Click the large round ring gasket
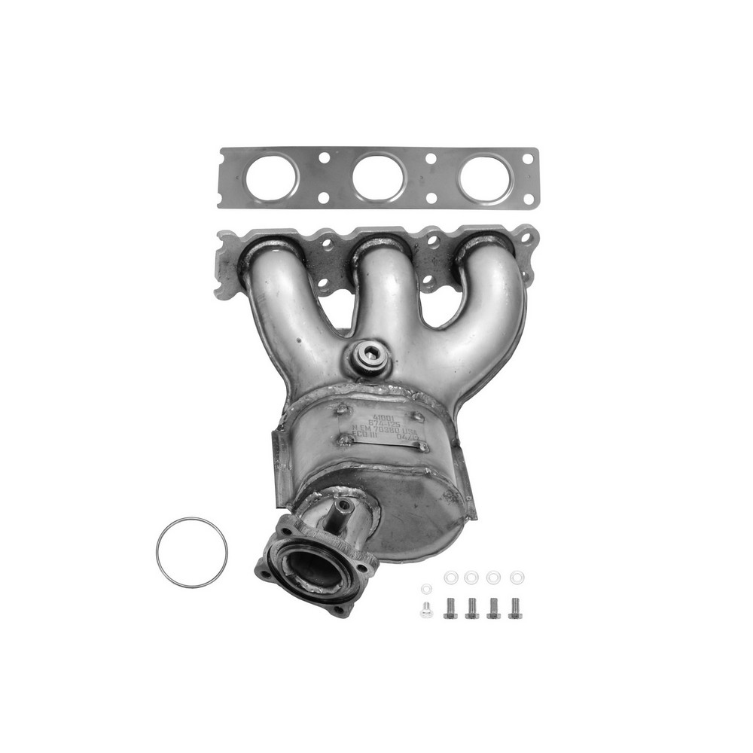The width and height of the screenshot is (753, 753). [x=191, y=553]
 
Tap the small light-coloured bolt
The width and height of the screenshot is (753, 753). [x=426, y=610]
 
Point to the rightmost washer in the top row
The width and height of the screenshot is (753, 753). [x=517, y=578]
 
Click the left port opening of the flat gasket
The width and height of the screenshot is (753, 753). [x=271, y=178]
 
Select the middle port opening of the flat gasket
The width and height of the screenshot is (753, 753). [x=378, y=178]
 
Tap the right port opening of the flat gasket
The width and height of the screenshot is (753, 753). [x=483, y=178]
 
